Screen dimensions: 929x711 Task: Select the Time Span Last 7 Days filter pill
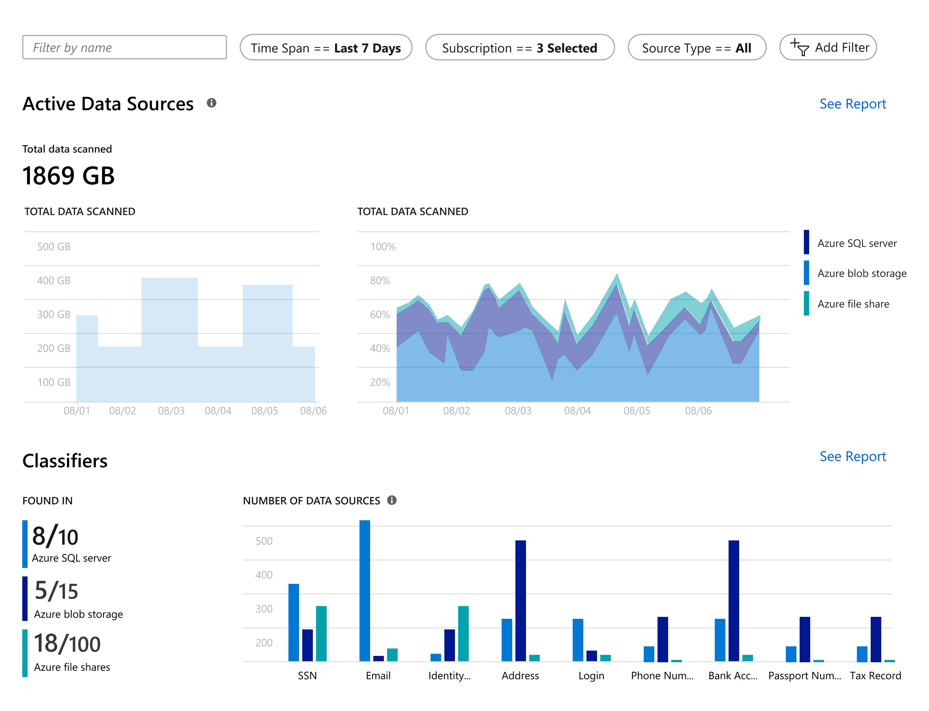326,47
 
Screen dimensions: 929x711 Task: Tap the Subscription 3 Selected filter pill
520,47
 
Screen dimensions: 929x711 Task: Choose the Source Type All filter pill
697,47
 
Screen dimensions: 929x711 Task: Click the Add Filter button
828,47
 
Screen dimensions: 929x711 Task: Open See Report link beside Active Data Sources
852,104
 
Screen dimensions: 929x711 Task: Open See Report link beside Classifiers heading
852,457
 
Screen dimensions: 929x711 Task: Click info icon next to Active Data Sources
211,103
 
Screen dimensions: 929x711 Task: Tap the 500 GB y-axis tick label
54,247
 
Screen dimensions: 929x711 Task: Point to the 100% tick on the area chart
383,247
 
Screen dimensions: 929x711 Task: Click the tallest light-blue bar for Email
365,590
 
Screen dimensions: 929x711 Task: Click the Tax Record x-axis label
875,676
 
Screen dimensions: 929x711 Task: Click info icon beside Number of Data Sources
392,500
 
